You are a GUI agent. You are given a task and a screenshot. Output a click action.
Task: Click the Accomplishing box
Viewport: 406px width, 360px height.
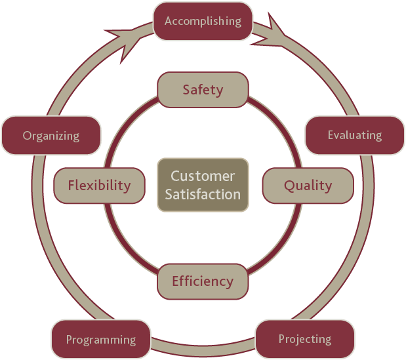(203, 21)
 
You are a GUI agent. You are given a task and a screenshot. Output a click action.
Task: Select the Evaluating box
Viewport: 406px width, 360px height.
(355, 135)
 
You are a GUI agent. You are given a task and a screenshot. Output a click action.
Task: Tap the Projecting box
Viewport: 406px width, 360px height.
(305, 339)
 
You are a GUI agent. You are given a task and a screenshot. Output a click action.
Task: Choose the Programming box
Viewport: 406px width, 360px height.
(101, 339)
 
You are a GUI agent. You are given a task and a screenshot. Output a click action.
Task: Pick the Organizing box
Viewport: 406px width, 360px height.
(51, 135)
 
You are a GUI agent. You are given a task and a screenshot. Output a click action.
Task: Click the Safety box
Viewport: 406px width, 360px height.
(203, 90)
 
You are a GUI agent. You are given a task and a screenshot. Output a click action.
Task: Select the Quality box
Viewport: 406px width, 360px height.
(308, 186)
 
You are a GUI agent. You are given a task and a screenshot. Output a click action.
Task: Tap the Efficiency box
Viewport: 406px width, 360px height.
(203, 281)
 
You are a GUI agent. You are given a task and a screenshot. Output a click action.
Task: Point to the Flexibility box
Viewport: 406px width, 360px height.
(100, 186)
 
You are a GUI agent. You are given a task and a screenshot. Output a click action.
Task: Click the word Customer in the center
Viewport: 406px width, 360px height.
(203, 176)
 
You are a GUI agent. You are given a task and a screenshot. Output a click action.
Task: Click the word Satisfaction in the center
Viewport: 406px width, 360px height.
(203, 194)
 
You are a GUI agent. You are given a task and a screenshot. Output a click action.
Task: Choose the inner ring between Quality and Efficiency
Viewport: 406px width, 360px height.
(281, 245)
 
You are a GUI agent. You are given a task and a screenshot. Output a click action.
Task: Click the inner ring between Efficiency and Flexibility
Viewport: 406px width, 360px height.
(125, 245)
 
